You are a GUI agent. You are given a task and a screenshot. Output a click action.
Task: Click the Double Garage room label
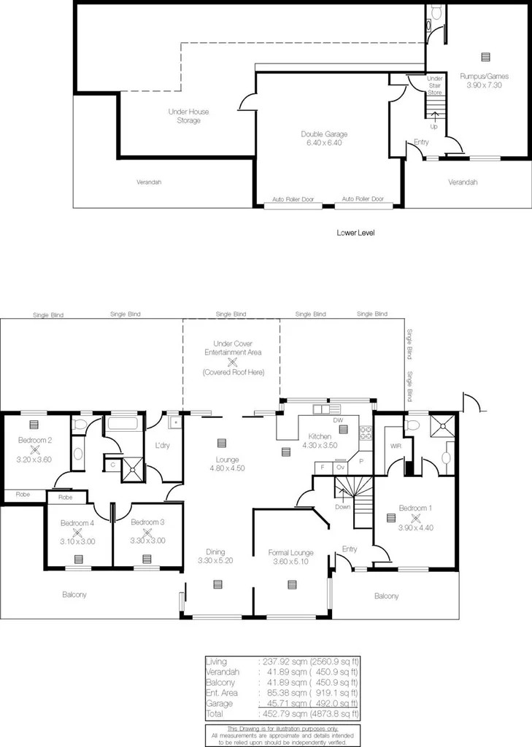tap(324, 133)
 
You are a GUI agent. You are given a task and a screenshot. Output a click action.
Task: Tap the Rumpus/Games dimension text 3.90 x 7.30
tap(484, 85)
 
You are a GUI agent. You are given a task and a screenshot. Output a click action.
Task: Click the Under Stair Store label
tap(434, 85)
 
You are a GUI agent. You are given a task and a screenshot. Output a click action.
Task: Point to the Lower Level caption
tap(355, 233)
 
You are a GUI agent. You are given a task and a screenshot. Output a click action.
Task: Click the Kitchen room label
tap(320, 436)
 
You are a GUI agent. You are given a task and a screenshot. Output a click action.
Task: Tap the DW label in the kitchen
tap(337, 420)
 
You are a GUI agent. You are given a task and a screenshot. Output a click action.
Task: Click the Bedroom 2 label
tap(34, 440)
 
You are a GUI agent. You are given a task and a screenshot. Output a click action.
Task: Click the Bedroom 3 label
tap(147, 522)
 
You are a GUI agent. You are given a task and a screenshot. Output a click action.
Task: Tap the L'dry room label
tap(162, 445)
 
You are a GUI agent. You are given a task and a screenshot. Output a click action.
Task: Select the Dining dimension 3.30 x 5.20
tap(215, 560)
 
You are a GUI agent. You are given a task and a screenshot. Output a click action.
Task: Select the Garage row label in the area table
tap(219, 703)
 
